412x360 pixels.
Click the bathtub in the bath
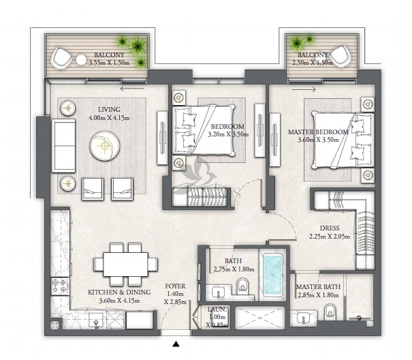tap(273, 275)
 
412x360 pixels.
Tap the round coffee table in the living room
tap(105, 146)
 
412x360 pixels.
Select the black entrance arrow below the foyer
tap(176, 344)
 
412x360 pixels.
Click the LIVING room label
tap(110, 110)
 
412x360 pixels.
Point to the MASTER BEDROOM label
tap(318, 132)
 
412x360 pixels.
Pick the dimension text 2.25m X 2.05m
tap(330, 237)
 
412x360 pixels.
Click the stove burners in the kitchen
tap(60, 286)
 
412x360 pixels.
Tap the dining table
tap(126, 265)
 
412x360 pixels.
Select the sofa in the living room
tap(63, 145)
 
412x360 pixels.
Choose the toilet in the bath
tap(242, 286)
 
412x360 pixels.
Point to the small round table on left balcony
tap(81, 60)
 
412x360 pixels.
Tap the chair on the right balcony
tap(340, 56)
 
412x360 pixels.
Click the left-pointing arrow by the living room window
tap(132, 89)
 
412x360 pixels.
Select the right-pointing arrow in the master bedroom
tap(304, 89)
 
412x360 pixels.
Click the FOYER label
tap(175, 286)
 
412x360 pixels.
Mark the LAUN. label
tap(217, 310)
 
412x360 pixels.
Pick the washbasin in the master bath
tap(304, 317)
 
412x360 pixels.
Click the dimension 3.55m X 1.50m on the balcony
tap(110, 63)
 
